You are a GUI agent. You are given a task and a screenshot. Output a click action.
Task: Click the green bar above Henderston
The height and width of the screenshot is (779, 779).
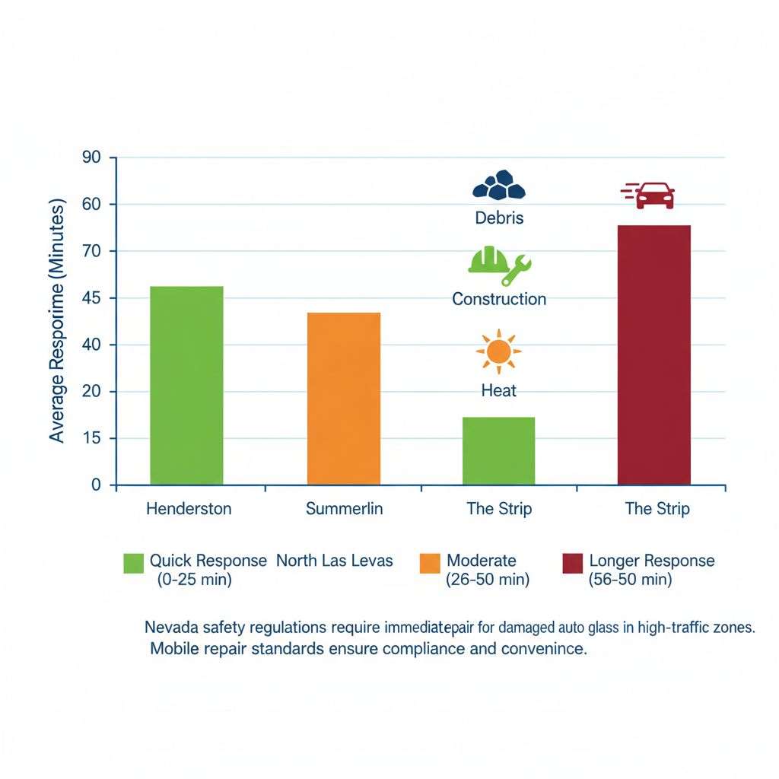point(186,385)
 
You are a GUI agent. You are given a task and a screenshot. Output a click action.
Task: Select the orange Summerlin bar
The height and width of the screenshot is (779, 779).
point(343,398)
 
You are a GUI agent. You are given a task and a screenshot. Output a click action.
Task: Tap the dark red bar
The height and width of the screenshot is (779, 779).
point(653,355)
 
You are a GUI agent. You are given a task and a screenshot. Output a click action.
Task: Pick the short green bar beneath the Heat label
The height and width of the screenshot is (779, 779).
point(498,450)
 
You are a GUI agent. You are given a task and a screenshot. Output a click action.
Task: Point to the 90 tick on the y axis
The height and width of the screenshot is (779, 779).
point(91,157)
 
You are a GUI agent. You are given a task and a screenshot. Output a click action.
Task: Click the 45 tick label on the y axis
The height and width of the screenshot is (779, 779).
point(91,298)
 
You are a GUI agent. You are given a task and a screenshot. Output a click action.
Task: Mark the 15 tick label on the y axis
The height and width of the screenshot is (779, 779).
point(91,439)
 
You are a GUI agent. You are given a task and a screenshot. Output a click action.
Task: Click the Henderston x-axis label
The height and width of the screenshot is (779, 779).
point(189,509)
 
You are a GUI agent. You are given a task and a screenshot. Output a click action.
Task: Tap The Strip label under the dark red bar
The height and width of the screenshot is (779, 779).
point(657,509)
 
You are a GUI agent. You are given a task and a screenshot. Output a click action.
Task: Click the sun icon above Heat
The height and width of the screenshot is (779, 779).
point(498,351)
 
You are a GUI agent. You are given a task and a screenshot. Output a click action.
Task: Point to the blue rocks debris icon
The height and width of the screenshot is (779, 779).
point(499,186)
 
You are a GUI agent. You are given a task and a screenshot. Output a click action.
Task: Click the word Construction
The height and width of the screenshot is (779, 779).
point(499,299)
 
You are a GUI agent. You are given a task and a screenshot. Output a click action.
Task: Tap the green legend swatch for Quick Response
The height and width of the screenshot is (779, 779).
point(133,563)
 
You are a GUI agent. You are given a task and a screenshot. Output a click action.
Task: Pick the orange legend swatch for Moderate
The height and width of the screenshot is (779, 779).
point(430,563)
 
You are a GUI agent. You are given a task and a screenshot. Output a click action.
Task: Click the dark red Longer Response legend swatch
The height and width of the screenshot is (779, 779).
point(572,563)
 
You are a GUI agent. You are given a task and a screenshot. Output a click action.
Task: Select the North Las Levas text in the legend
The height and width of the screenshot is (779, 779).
point(335,561)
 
